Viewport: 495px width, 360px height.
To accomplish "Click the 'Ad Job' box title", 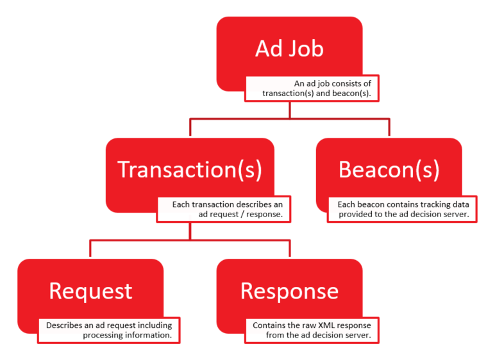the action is click(x=289, y=49).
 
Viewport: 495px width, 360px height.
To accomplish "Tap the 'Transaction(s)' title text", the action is click(x=190, y=170).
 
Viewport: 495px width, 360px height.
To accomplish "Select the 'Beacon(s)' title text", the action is click(x=389, y=170).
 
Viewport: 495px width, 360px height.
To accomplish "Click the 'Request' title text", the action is click(x=90, y=291).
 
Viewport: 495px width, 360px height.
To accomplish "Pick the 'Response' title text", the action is click(x=289, y=291).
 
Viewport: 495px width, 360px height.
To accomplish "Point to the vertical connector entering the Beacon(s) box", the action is click(x=389, y=127).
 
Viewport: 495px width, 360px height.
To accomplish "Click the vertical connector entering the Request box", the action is click(x=90, y=249).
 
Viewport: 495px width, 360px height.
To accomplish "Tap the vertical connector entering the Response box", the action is click(x=289, y=249).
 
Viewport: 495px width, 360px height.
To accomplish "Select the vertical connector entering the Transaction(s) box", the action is click(x=190, y=127).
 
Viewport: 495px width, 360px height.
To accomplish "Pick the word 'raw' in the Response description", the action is click(x=309, y=325).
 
